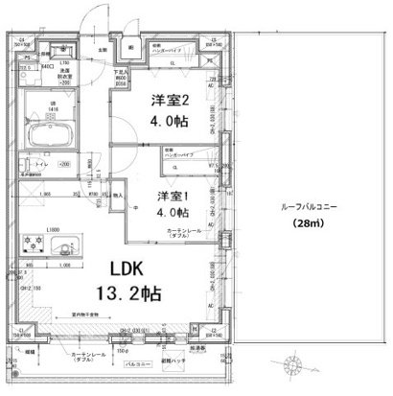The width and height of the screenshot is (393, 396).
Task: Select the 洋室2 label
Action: tap(165, 99)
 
